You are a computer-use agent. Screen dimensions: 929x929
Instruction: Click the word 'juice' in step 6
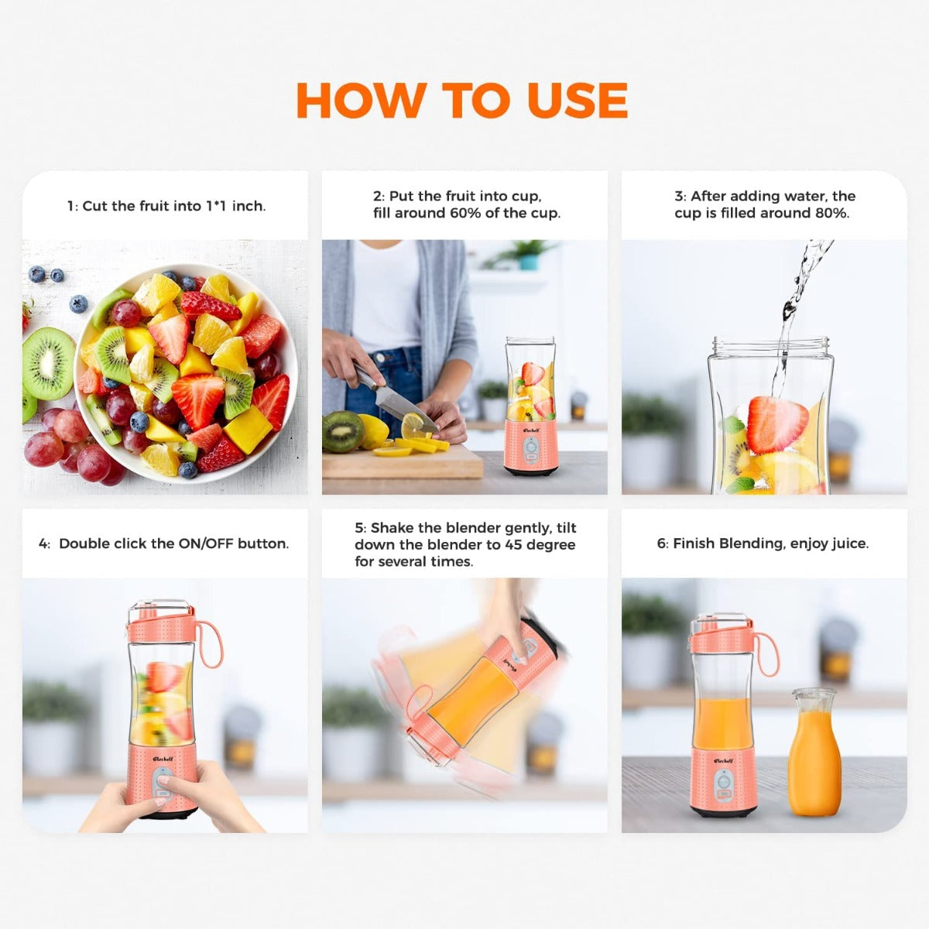[x=846, y=543]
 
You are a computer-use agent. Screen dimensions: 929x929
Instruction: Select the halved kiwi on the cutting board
[x=343, y=431]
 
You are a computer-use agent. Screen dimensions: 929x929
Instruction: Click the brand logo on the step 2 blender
[x=530, y=428]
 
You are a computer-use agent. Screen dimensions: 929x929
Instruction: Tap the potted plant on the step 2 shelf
[x=528, y=254]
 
